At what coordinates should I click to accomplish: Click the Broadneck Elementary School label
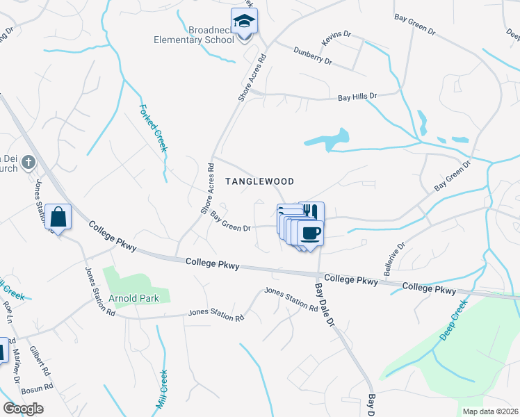click(193, 35)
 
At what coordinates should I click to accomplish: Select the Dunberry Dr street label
click(313, 56)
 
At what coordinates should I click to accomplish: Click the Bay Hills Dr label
click(357, 97)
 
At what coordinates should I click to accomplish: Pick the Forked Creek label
click(154, 128)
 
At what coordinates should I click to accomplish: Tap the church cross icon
click(28, 163)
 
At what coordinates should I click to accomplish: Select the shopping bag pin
click(60, 217)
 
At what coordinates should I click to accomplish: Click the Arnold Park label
click(133, 298)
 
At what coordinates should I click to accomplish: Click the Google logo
click(23, 408)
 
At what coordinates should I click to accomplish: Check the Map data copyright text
click(490, 411)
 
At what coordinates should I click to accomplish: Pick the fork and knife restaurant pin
click(312, 211)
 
